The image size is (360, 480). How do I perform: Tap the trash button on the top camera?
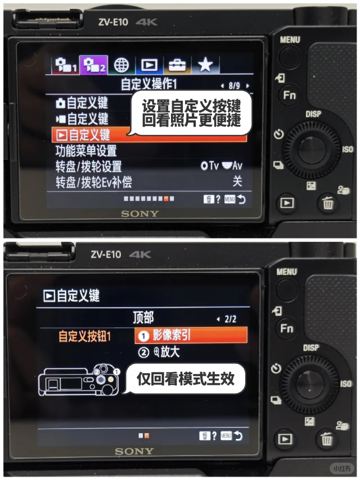pos(328,203)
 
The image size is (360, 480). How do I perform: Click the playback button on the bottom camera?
pos(285,439)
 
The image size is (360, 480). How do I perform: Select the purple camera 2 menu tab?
pos(94,65)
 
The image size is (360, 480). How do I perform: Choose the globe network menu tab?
pos(121,65)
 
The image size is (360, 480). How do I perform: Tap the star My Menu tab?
pos(205,65)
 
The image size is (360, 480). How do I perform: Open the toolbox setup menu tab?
pos(177,65)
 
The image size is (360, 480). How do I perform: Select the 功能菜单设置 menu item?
pos(86,151)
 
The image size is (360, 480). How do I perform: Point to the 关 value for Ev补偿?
pos(237,181)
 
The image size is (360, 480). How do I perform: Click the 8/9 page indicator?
pos(235,86)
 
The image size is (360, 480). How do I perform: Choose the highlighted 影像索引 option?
pos(191,335)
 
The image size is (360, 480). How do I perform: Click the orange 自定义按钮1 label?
pos(84,336)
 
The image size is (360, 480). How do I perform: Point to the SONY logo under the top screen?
pos(140,214)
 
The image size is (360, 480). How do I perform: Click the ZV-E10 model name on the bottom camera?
pos(106,254)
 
